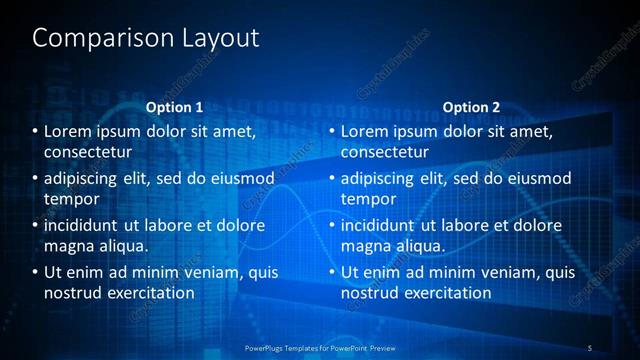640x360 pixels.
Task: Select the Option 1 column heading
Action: coord(174,107)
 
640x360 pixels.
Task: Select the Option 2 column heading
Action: coord(471,107)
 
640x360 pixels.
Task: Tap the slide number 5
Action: coord(590,347)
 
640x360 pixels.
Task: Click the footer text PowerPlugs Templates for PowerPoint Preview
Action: coord(320,347)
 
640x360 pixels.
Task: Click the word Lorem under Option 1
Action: coord(69,132)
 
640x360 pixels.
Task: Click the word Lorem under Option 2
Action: coord(366,132)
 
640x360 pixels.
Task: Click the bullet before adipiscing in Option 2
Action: coord(332,179)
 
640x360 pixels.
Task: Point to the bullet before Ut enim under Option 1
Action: coord(35,273)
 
